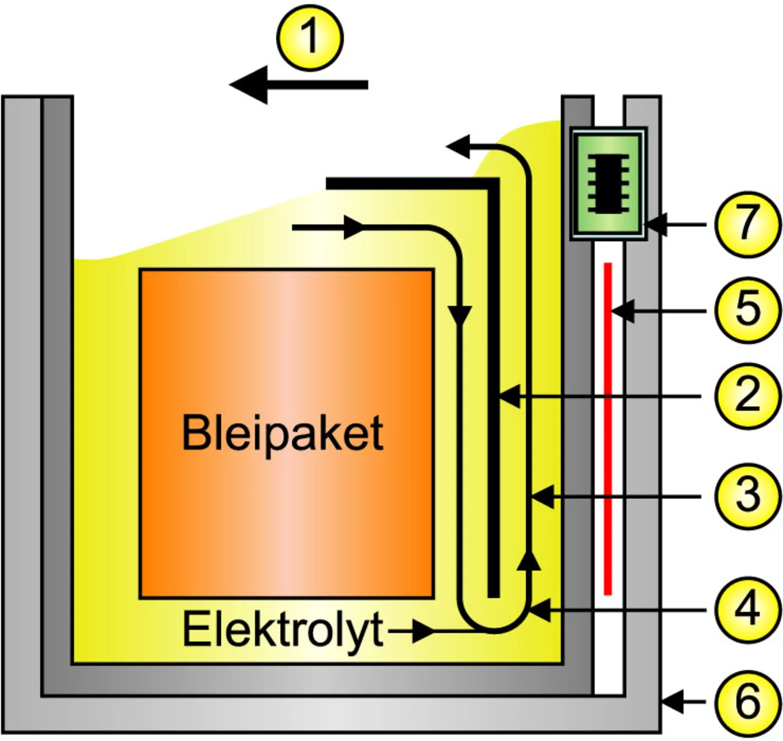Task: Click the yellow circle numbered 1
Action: (310, 38)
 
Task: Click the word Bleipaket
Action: (283, 433)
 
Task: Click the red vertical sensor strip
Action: (607, 428)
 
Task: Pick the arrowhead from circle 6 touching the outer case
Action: (672, 702)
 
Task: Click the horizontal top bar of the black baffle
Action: (410, 184)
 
